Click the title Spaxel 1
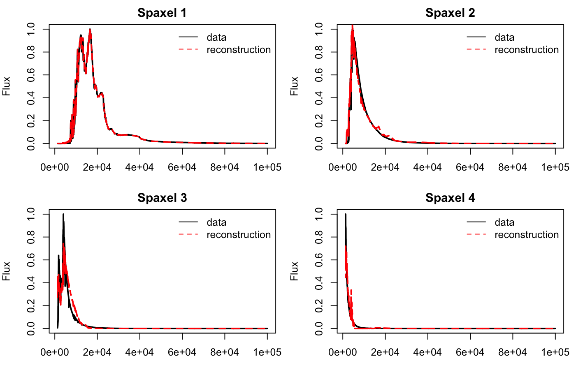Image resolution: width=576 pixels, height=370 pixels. (x=162, y=13)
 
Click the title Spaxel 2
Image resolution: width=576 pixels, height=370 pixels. (x=450, y=13)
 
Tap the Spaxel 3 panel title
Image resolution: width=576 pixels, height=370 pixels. (x=162, y=198)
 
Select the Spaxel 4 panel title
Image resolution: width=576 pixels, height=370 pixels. (x=450, y=198)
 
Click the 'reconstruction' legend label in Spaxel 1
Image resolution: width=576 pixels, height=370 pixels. (x=239, y=50)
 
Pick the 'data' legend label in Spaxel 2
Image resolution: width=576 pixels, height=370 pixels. (x=504, y=37)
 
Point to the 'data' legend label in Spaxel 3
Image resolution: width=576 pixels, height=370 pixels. (x=216, y=222)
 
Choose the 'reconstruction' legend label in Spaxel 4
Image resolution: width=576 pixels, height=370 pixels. (x=527, y=235)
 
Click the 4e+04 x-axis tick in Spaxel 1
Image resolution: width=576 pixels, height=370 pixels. (x=140, y=167)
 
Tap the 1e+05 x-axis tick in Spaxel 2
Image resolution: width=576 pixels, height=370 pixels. (x=555, y=167)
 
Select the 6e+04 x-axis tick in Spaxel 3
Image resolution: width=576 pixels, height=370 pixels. (x=182, y=352)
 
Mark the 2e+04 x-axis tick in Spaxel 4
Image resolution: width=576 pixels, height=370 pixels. (x=385, y=352)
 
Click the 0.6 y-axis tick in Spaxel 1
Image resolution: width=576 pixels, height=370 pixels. (x=31, y=75)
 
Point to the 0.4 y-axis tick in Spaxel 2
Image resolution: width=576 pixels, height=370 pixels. (x=319, y=98)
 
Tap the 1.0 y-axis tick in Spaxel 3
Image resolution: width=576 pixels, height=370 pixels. (x=31, y=214)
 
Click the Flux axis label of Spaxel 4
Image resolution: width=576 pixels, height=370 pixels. (x=294, y=271)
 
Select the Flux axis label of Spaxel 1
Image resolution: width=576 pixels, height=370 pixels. (x=6, y=86)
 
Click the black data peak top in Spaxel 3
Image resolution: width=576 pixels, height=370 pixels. (x=63, y=214)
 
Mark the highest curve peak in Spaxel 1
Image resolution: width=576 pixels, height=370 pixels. (x=90, y=29)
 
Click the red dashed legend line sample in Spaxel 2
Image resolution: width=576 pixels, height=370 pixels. (x=476, y=50)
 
